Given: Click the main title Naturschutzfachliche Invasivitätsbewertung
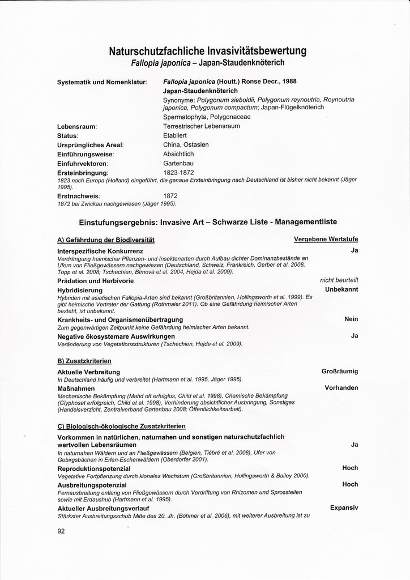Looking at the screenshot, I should (207, 51).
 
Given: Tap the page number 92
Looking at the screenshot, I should (62, 531).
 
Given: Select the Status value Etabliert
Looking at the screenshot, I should (175, 135).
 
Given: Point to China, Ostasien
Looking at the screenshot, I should (186, 144).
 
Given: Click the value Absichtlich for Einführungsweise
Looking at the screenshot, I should (178, 153).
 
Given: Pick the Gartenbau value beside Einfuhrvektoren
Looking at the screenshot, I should (178, 163).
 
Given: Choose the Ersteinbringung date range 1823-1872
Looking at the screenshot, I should (179, 172).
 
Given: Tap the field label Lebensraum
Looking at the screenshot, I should (77, 126).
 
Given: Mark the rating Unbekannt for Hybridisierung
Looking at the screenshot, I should (341, 289).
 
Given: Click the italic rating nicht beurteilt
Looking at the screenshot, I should (339, 280).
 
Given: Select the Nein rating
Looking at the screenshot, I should (351, 319).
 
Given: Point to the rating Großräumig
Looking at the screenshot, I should (340, 371).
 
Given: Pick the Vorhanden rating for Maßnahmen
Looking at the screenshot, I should (341, 388).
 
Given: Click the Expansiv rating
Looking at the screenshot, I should (344, 507).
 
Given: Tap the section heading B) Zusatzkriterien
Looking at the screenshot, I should (84, 360).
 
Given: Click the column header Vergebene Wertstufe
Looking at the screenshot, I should (326, 239).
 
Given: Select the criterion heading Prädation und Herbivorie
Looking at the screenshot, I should (96, 280).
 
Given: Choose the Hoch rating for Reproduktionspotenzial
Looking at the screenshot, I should (350, 468).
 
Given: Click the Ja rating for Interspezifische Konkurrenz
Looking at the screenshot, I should (355, 250).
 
